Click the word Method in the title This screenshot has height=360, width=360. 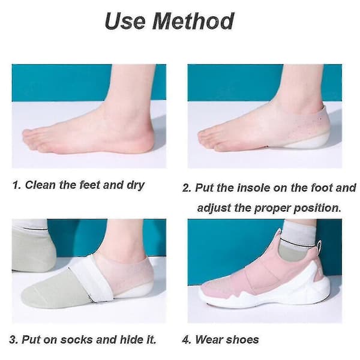click(193, 21)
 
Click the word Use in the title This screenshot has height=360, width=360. click(125, 21)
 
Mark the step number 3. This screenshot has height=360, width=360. click(13, 340)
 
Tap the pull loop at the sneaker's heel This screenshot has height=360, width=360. click(319, 246)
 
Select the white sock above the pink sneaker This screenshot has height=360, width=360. click(296, 231)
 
